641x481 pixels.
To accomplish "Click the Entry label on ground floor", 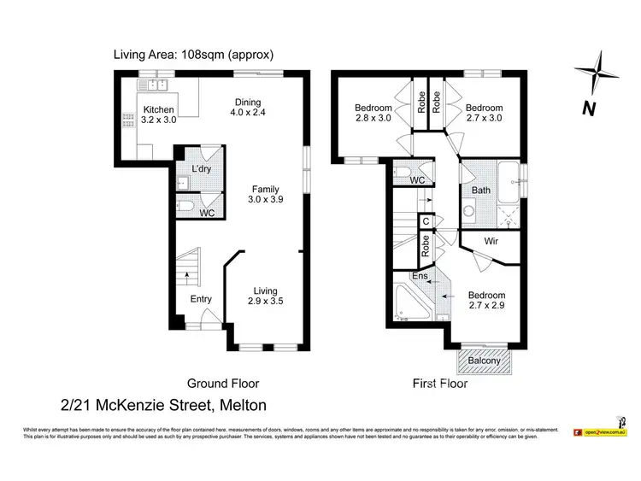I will pos(201,299).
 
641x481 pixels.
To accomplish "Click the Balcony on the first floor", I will pos(485,361).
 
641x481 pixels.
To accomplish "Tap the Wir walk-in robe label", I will pos(491,242).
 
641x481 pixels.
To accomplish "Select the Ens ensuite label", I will pos(420,276).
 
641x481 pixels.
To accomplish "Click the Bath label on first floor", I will pos(481,190).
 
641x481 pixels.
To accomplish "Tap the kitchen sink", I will pos(156,84).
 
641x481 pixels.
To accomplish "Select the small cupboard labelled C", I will pos(426,221).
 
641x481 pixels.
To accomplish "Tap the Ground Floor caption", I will pos(223,384).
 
